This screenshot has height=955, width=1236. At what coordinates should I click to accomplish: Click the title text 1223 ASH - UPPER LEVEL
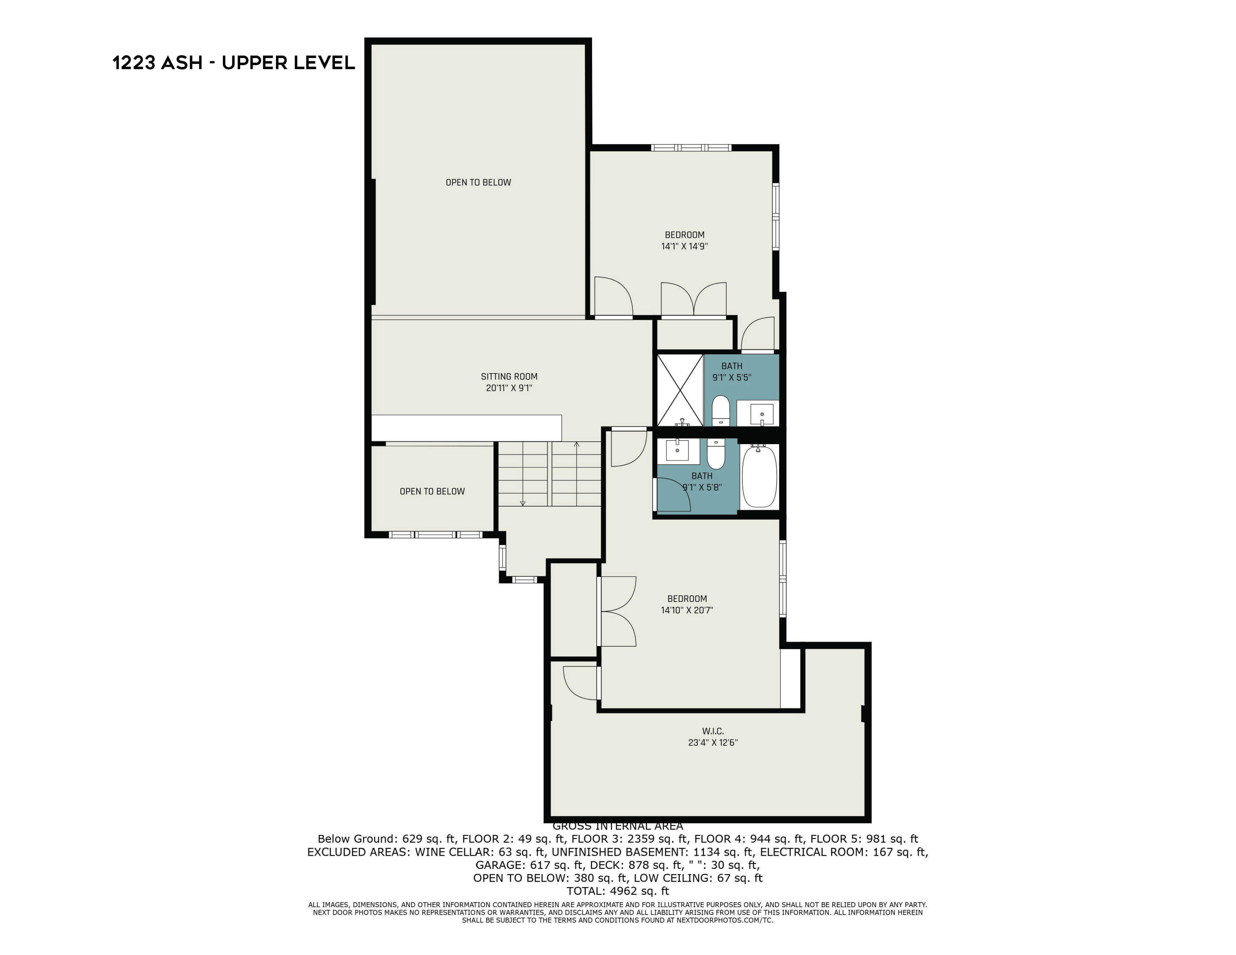pos(234,62)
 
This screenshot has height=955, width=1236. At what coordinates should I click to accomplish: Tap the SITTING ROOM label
pos(509,376)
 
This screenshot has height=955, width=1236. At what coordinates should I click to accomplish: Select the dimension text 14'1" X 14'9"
pos(684,246)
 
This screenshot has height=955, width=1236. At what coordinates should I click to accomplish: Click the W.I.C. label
pos(712,731)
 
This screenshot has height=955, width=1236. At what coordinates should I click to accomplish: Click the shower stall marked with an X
pos(679,390)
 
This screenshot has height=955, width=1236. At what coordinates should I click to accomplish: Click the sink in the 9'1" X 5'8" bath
pos(677,450)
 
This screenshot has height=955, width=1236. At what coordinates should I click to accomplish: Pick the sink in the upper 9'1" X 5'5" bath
pos(762,414)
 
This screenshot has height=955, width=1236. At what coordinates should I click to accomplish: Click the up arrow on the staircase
pos(576,446)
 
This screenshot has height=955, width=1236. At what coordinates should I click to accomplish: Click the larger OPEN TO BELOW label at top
pos(478,182)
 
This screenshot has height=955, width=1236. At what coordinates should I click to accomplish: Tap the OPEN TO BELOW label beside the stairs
pos(432,491)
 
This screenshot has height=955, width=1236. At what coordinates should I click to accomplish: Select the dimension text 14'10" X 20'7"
pos(686,610)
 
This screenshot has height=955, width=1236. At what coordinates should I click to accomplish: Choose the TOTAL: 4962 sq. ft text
pos(618,891)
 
